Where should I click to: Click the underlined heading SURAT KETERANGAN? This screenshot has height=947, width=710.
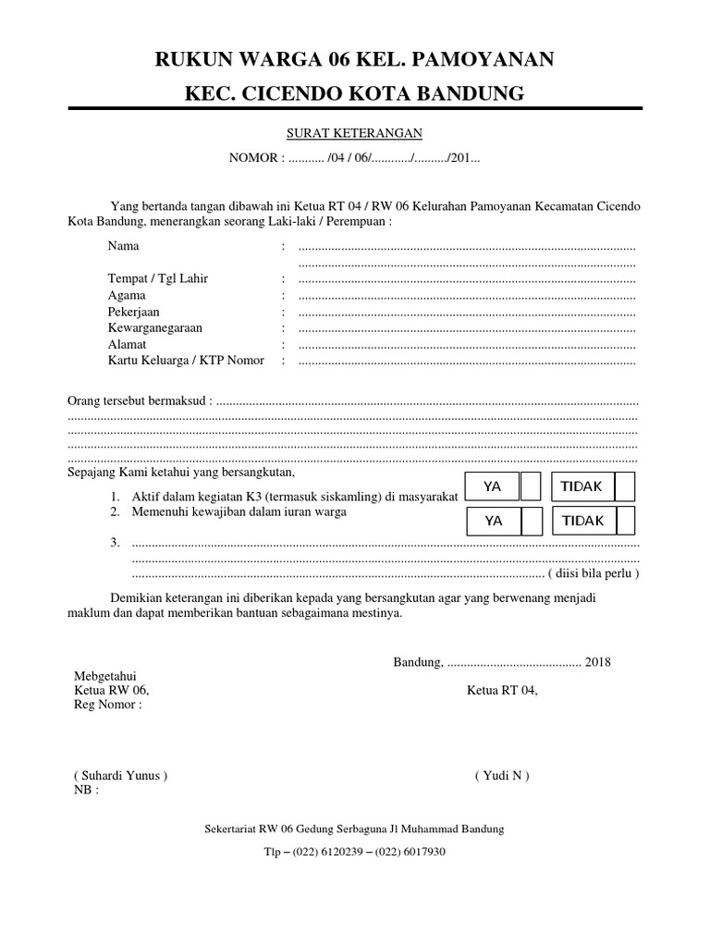pos(355,133)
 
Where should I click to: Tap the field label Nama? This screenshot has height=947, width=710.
pos(124,247)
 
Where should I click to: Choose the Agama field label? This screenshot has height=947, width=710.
pos(127,296)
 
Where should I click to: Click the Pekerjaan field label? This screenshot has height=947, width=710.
pos(134,312)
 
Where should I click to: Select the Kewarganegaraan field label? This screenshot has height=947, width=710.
pos(155,328)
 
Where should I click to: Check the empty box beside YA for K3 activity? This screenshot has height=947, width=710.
pos(532,486)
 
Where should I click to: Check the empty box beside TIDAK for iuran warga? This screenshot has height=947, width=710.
pos(625,521)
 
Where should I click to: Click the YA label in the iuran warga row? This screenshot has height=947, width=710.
pos(494,521)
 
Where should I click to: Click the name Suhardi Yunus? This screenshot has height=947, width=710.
pos(120,775)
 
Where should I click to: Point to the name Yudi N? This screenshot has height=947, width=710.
pos(502,775)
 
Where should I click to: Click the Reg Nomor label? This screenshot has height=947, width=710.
pos(107,705)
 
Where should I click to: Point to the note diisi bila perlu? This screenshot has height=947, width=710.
pos(594,573)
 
